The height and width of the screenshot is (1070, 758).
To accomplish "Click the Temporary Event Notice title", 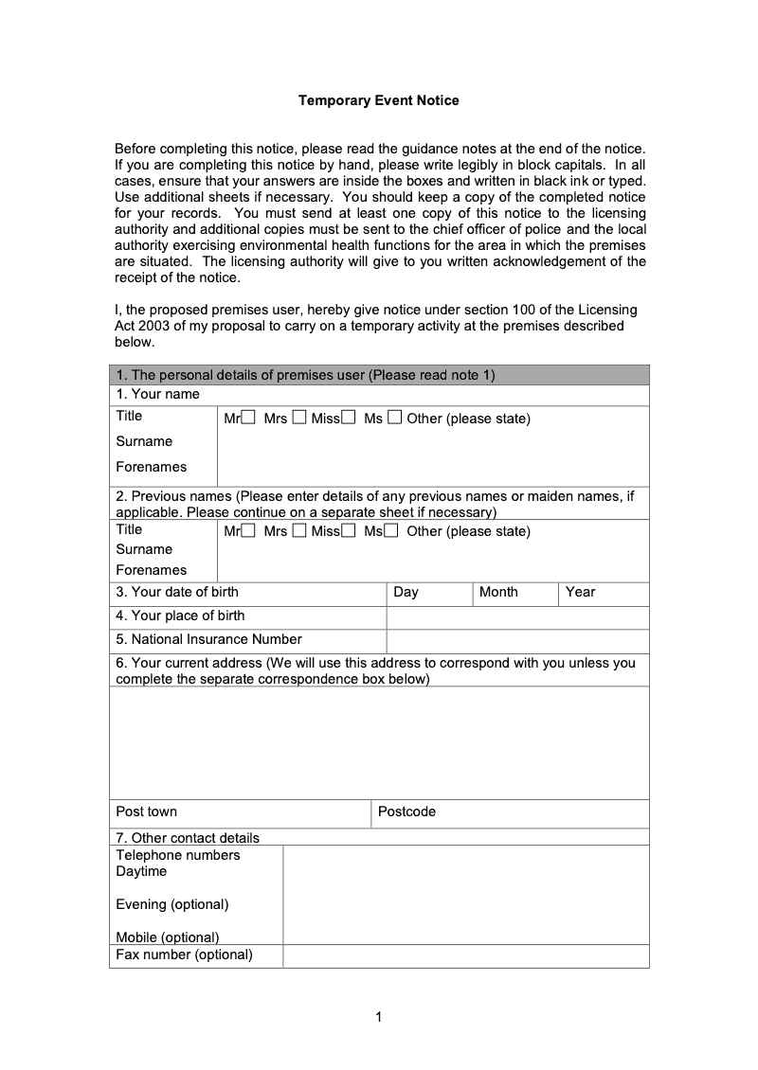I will pos(379,100).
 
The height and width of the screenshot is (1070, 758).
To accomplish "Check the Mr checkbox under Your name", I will pos(248,418).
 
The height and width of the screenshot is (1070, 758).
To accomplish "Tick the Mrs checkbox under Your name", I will pos(298,418).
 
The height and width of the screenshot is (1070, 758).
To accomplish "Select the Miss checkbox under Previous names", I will pos(348,530).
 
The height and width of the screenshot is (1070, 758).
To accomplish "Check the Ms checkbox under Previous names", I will pos(390,530).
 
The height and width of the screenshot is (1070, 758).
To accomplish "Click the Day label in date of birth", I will pos(406,592).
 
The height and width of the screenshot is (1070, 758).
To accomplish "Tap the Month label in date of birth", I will pos(498,592).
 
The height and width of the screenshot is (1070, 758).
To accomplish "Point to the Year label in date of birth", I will pos(580,592).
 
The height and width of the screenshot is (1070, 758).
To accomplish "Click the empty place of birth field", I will pos(517,616).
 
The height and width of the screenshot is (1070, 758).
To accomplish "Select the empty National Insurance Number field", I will pos(517,641).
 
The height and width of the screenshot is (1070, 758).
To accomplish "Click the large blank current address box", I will pos(379,743).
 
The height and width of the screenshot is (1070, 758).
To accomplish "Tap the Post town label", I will pos(146,811).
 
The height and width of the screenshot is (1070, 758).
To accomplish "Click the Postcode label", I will pos(406,811).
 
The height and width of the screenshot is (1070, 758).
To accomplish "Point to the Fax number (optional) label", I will pos(184,954).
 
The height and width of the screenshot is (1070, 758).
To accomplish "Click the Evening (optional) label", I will pos(171,904).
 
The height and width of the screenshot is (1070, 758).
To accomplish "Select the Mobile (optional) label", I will pos(167,937).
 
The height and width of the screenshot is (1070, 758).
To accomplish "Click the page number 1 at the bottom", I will pos(379,1018).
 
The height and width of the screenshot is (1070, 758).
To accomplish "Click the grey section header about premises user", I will pos(379,375).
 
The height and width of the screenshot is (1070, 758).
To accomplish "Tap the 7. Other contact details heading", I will pos(187,837).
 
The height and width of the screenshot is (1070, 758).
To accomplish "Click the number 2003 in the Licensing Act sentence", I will pos(154,326).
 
